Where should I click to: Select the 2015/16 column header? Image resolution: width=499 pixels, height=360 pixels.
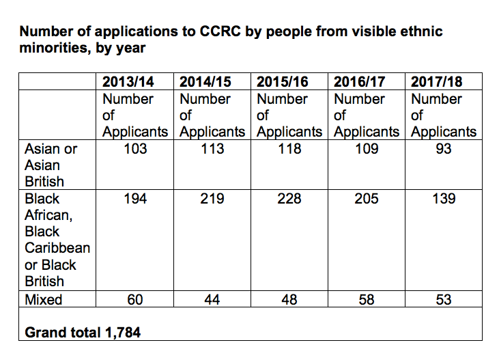pyautogui.click(x=283, y=82)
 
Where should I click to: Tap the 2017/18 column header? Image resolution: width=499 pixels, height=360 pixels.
pyautogui.click(x=437, y=82)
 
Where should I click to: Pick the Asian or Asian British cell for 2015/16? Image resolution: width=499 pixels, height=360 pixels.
pyautogui.click(x=290, y=148)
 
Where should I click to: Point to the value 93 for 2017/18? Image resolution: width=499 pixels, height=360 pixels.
pyautogui.click(x=444, y=148)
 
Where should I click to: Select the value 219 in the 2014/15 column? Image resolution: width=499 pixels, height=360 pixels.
pyautogui.click(x=213, y=199)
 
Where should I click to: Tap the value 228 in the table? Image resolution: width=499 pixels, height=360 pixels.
pyautogui.click(x=290, y=199)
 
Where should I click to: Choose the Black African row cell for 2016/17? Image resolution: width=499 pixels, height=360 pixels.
pyautogui.click(x=367, y=199)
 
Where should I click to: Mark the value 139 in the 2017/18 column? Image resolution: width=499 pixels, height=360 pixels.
pyautogui.click(x=444, y=199)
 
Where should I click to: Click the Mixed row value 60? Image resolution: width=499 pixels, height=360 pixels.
pyautogui.click(x=136, y=299)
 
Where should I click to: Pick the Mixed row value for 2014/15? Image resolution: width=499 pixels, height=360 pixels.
pyautogui.click(x=213, y=299)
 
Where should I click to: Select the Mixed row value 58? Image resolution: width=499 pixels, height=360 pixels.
pyautogui.click(x=367, y=299)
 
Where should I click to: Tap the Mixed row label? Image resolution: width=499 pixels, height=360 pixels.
pyautogui.click(x=43, y=299)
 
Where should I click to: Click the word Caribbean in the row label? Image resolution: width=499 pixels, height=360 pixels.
pyautogui.click(x=57, y=248)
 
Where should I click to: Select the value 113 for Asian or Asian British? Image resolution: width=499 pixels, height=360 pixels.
pyautogui.click(x=213, y=148)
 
